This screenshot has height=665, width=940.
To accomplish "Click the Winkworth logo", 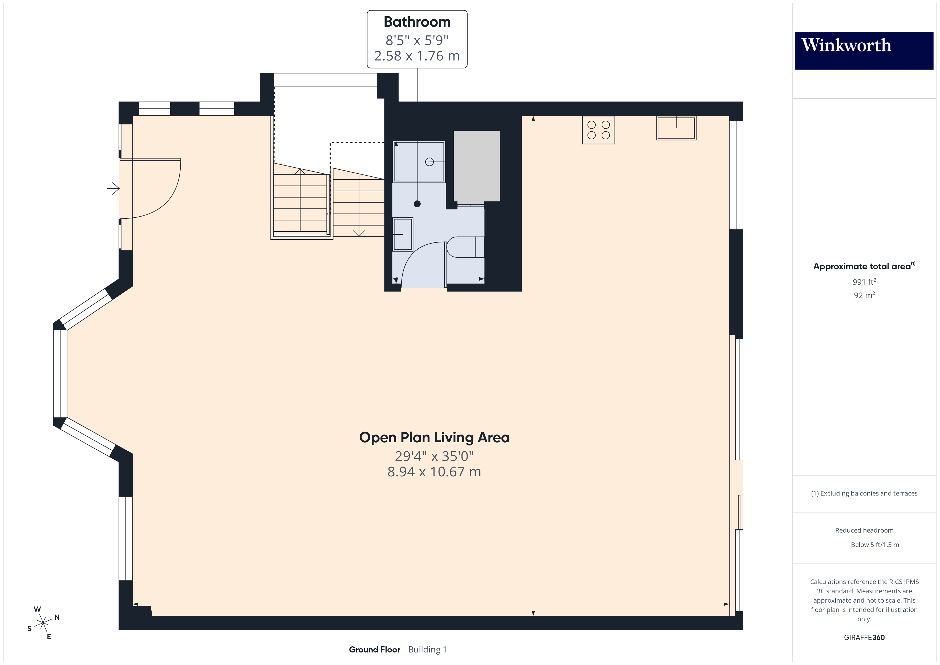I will (864, 50).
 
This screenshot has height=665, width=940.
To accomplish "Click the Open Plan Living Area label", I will (434, 437).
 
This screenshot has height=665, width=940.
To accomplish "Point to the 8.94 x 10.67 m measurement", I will (434, 472).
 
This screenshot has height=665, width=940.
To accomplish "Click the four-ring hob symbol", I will (598, 130).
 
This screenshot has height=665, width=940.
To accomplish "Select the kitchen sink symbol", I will (676, 128).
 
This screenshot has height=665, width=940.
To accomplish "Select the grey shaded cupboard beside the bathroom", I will (477, 166).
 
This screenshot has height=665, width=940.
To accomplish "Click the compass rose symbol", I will (43, 623).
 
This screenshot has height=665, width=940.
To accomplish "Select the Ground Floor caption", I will (374, 650).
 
